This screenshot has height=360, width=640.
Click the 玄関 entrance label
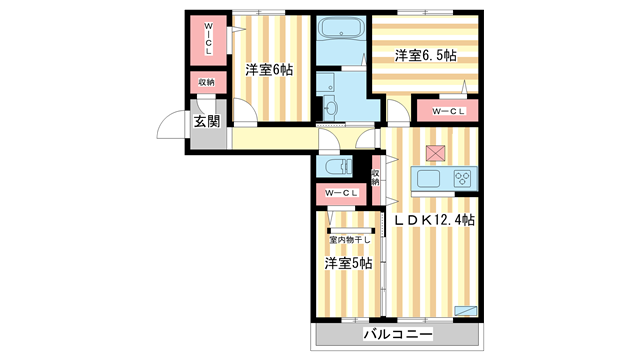point(206,123)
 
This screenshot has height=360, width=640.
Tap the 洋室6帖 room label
point(268,70)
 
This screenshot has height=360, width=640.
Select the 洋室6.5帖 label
point(425,56)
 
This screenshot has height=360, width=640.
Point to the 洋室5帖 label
point(347,263)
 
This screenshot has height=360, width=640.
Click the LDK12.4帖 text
point(434,219)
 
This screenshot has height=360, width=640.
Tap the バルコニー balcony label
point(397,336)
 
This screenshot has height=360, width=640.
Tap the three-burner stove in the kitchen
point(463,180)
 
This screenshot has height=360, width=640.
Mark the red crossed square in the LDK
point(435,153)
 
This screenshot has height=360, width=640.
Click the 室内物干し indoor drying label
point(349,239)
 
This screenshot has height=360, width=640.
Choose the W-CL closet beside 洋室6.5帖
point(441,110)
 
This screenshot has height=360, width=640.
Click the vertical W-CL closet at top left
point(209,40)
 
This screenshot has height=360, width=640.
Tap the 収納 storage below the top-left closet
point(206,82)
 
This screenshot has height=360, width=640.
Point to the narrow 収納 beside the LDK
point(375,177)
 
